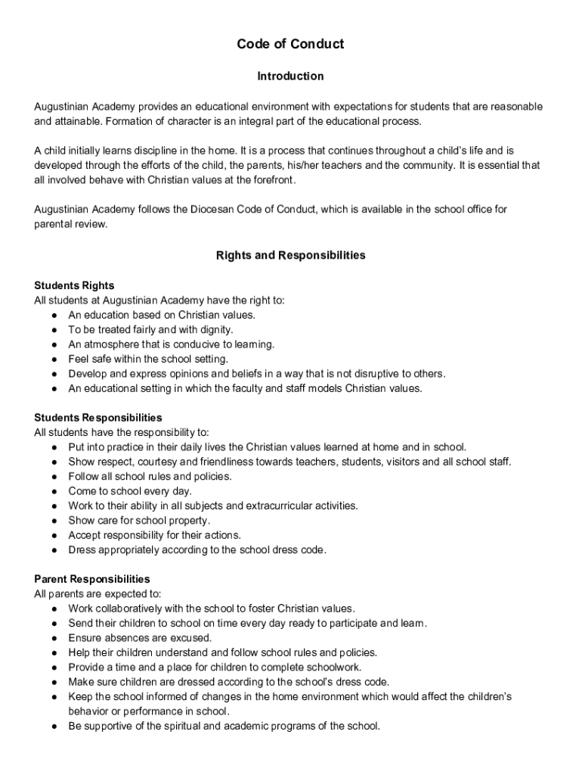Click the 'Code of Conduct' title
(290, 44)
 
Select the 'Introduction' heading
(290, 76)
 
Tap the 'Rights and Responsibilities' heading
(290, 255)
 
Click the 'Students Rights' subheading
(74, 285)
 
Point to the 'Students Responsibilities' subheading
(98, 418)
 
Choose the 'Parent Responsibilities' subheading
(92, 579)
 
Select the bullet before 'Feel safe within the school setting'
(55, 359)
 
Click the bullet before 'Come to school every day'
(55, 491)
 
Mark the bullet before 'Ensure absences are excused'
(55, 638)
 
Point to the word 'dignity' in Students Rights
(216, 330)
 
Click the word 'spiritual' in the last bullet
(174, 726)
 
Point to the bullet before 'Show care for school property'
(55, 521)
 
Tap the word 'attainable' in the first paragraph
(78, 121)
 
